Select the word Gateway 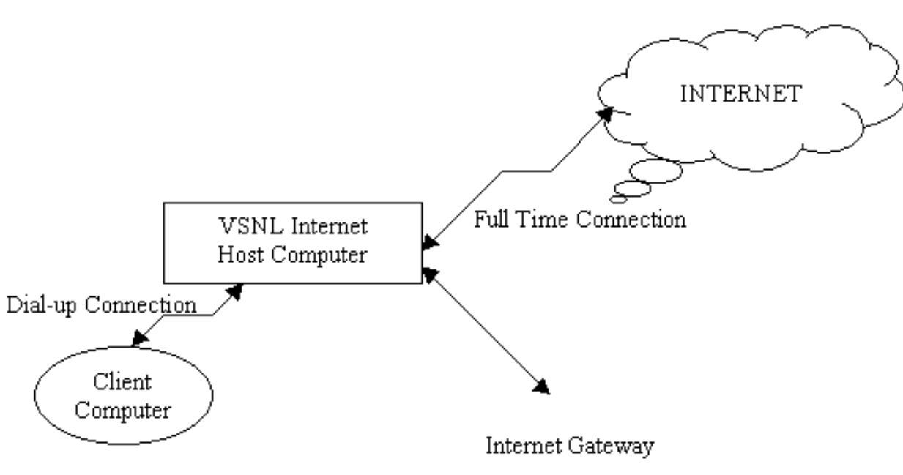click(x=615, y=445)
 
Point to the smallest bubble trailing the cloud click(x=617, y=198)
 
